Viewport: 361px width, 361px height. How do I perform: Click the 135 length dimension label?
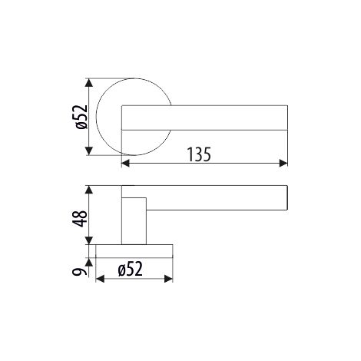click(x=199, y=154)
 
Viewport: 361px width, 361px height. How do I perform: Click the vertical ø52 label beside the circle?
click(x=81, y=117)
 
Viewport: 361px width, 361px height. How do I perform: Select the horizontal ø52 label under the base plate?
click(x=131, y=269)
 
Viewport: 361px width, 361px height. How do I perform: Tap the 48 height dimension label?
click(x=80, y=218)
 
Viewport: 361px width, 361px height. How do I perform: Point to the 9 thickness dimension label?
click(x=78, y=272)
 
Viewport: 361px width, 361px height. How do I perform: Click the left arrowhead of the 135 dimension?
click(x=125, y=163)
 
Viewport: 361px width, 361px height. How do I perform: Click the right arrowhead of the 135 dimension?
click(x=283, y=163)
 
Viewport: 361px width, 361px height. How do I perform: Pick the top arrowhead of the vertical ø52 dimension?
click(x=88, y=83)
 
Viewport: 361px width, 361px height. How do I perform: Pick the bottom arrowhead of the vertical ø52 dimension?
click(x=88, y=151)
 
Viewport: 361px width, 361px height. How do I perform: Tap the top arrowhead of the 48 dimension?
click(x=88, y=190)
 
